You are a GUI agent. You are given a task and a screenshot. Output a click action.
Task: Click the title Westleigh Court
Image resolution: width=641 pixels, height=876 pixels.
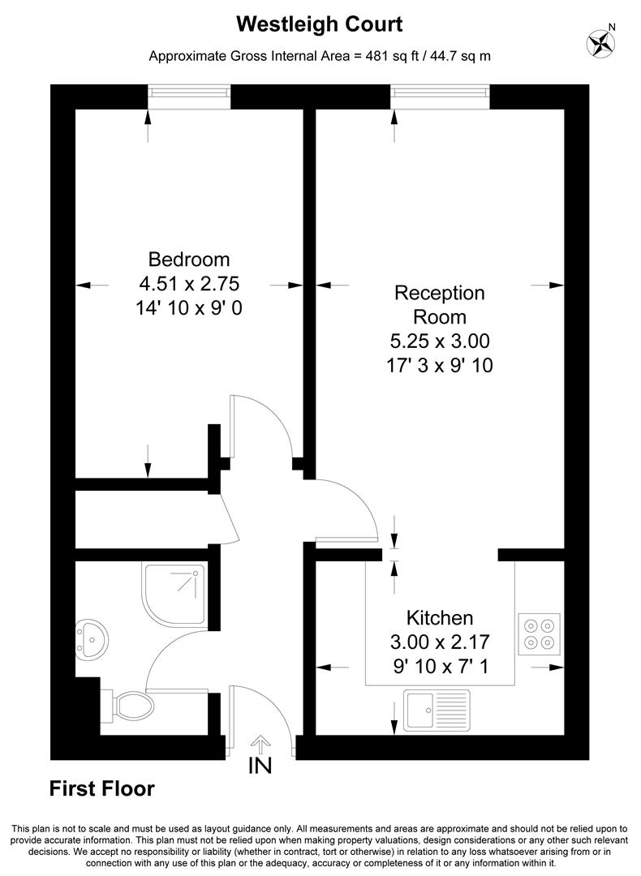point(320,24)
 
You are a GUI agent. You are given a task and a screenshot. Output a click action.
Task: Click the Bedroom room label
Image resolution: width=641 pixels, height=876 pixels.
point(189,260)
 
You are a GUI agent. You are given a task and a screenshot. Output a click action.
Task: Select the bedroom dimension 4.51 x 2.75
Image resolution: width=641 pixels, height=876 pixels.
point(189,284)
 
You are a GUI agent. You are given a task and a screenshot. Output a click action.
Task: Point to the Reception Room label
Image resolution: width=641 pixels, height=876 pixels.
point(439,304)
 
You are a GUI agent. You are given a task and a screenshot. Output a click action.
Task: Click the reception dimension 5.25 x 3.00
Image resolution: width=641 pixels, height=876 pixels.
point(439,341)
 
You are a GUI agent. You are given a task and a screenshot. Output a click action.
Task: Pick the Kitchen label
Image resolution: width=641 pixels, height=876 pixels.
point(440,617)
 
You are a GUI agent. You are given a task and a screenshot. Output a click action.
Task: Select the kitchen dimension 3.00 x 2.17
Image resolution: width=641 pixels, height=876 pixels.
point(440,642)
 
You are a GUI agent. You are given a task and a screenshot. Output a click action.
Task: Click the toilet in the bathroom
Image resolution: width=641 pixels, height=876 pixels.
point(129,706)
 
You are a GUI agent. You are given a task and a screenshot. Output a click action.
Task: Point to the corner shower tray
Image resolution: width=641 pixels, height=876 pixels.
point(173,595)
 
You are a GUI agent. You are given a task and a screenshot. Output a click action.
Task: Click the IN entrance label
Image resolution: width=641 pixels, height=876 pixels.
point(260,765)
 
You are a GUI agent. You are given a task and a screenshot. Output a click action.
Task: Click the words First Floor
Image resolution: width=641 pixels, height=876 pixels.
point(102,788)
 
